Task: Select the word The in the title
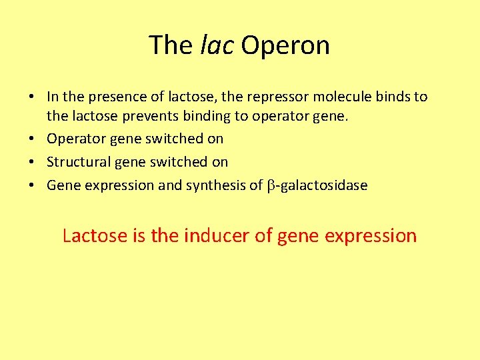pos(171,45)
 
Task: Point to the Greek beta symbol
pos(271,186)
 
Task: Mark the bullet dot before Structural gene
pos(32,163)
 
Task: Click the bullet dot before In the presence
pos(32,97)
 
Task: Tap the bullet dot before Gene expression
pos(32,186)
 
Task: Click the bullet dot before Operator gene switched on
pos(32,139)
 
